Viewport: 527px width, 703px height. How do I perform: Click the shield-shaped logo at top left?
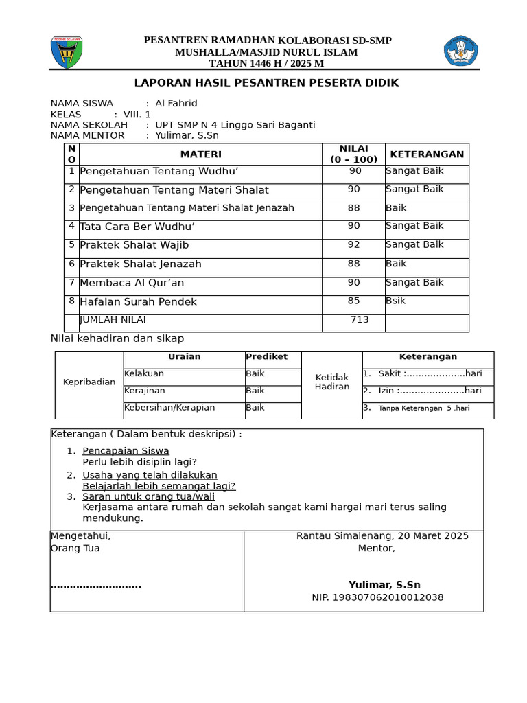coord(67,53)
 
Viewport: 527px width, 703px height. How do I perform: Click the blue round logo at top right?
coord(461,51)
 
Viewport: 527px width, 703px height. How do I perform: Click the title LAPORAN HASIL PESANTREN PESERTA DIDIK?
coord(266,83)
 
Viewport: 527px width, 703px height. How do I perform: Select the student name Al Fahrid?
coord(176,104)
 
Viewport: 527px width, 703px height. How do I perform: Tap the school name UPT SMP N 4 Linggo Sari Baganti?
coord(235,125)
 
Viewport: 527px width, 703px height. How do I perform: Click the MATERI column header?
coord(200,154)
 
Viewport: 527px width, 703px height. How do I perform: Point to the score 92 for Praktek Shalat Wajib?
coord(353,244)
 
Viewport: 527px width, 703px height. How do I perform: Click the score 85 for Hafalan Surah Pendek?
coord(353,300)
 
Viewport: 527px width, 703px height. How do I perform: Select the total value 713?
coord(360,320)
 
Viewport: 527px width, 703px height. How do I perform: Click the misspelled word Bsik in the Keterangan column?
coord(396,301)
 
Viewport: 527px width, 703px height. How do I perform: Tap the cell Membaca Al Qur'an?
coord(132,283)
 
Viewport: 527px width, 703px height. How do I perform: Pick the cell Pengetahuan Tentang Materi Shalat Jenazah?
coord(187,208)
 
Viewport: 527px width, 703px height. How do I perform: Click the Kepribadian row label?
coord(89,382)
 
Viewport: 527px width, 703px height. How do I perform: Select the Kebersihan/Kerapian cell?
coord(169,408)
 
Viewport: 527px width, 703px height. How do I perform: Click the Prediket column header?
coord(266,357)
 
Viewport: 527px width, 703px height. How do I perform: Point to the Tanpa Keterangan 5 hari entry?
coord(424,408)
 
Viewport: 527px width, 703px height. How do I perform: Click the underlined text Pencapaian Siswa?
coord(126,451)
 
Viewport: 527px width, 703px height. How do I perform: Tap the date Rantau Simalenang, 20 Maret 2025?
coord(382,536)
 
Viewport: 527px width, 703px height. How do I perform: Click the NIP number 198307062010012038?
coord(377,597)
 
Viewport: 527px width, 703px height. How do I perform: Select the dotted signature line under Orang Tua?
coord(96,586)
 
